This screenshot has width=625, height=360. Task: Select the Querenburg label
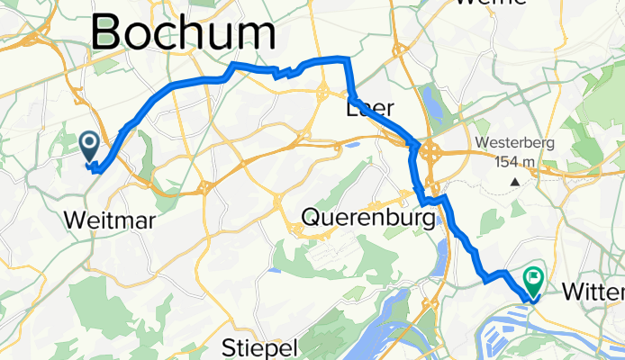(x=375, y=217)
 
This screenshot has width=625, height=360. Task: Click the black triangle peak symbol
(x=515, y=181)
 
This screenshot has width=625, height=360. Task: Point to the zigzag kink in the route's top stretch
(x=284, y=73)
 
